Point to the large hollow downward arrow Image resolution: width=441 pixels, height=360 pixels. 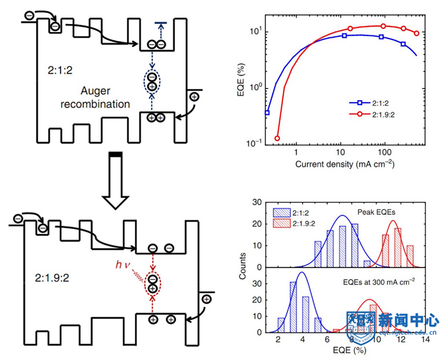(115, 183)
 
